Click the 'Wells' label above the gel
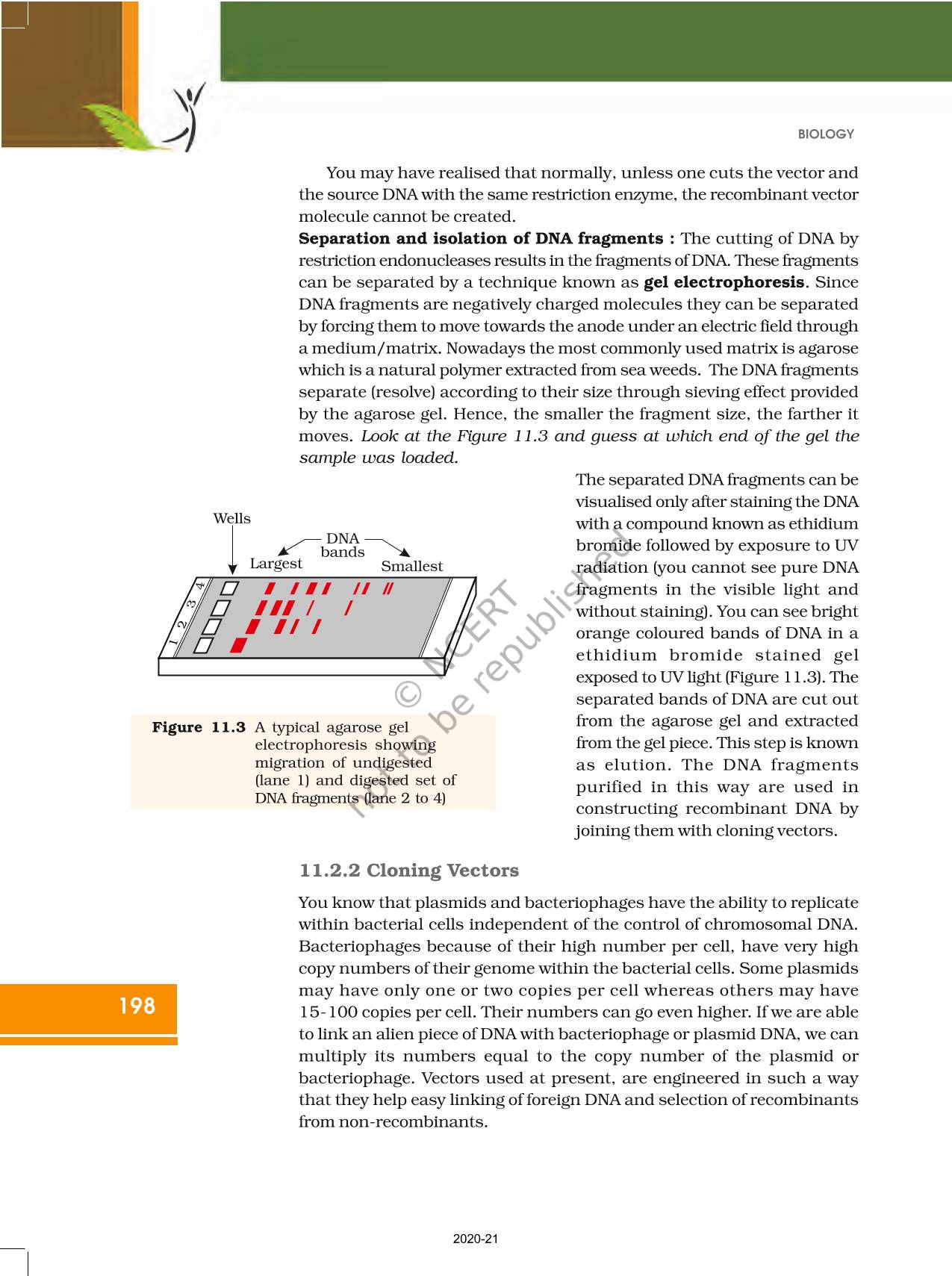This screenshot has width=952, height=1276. [x=231, y=518]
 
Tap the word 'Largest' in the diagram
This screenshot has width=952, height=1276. [x=276, y=564]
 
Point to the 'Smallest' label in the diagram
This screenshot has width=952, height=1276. [x=411, y=566]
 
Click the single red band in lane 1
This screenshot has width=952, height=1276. [x=238, y=645]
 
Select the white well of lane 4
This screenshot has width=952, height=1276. [x=228, y=588]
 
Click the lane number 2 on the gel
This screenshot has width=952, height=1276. [x=181, y=624]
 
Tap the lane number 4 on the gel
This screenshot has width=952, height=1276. [x=200, y=585]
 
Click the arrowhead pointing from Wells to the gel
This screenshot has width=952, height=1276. [x=232, y=570]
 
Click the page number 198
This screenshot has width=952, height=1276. [x=137, y=1006]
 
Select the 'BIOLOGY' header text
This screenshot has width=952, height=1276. [x=825, y=134]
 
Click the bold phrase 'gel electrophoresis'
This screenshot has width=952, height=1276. [x=724, y=282]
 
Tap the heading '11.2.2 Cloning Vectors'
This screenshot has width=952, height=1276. [x=408, y=871]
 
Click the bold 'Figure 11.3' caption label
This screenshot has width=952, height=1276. [x=199, y=727]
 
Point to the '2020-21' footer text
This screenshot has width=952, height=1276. [x=476, y=1239]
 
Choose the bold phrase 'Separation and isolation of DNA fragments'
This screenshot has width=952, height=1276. [x=480, y=238]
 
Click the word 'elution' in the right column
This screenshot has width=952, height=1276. [x=635, y=765]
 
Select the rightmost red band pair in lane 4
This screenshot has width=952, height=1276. [x=388, y=588]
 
